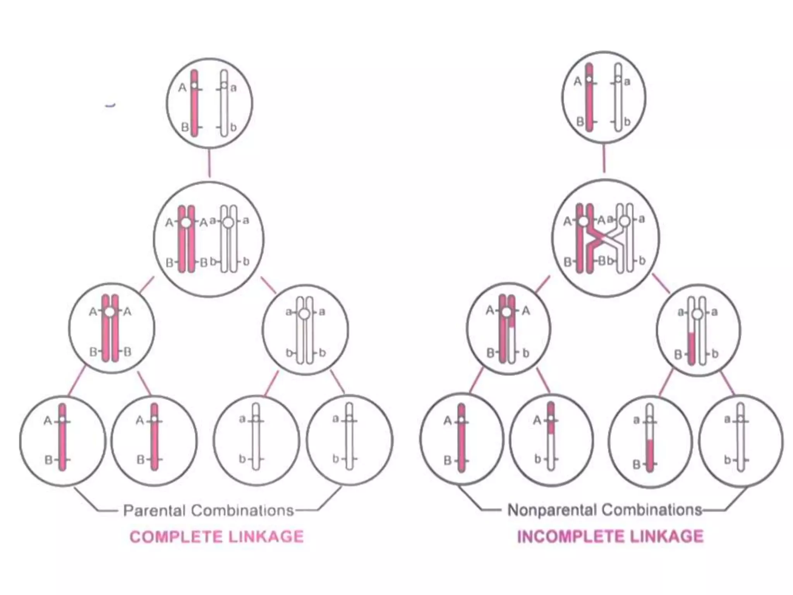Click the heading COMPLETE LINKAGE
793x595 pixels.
coord(216,537)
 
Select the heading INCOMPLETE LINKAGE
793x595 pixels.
coord(610,537)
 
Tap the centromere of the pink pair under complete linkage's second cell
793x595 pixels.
coord(186,223)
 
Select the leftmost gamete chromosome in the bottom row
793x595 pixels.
coord(62,438)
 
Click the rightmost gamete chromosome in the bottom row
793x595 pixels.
coord(741,438)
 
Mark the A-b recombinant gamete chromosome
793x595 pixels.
coord(551,438)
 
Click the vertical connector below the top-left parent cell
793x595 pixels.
coord(209,163)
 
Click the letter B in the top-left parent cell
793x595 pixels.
coord(185,127)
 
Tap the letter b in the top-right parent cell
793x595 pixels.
coord(627,122)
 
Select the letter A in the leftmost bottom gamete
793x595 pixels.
coord(48,421)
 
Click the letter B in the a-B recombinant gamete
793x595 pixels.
coord(636,464)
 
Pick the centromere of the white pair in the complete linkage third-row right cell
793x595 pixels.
coord(305,313)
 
